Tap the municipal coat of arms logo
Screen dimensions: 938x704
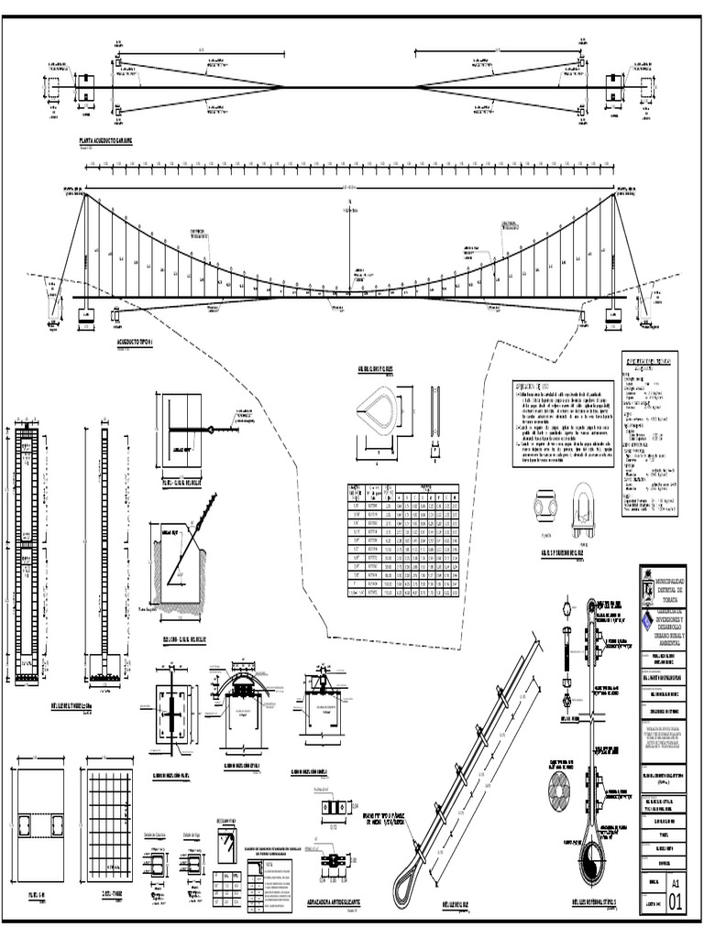tap(648, 586)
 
